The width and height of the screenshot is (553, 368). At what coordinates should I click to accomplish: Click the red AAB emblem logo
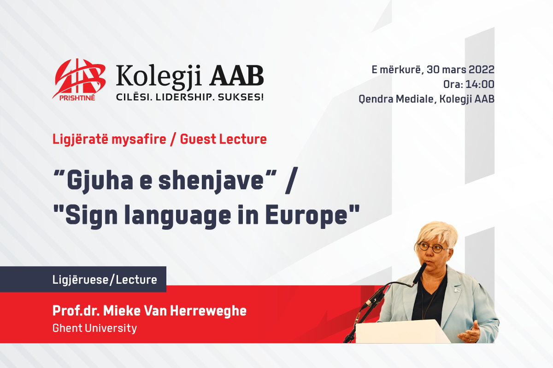point(79,79)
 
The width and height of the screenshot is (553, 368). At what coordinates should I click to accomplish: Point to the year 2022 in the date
point(482,70)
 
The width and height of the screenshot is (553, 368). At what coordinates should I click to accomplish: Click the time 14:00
point(480,84)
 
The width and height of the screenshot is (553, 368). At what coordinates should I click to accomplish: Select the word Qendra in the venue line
point(376,99)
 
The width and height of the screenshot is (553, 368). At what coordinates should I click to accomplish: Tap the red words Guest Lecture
point(224,139)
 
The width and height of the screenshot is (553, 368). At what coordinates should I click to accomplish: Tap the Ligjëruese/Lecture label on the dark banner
point(105,280)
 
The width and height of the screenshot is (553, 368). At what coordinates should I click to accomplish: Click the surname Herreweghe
point(208,310)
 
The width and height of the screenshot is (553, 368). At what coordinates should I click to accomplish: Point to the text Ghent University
point(94,328)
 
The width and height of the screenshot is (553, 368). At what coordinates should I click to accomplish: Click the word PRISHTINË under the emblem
point(77,98)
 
